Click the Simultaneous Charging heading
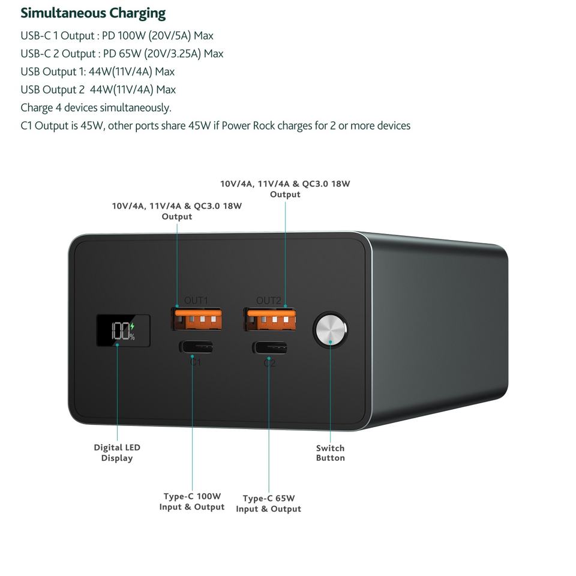point(93,13)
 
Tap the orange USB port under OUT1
point(197,319)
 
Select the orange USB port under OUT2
point(269,319)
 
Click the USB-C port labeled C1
point(196,347)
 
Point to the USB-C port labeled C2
point(269,348)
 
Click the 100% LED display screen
point(123,331)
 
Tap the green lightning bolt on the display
point(133,327)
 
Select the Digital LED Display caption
point(117,453)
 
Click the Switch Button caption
point(331,453)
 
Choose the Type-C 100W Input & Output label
point(192,502)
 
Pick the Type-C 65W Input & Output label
point(268,503)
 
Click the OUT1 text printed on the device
point(196,301)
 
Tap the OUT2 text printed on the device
point(268,301)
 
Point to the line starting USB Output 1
point(97,72)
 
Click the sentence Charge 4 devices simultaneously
point(96,108)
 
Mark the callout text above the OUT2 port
point(285,189)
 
